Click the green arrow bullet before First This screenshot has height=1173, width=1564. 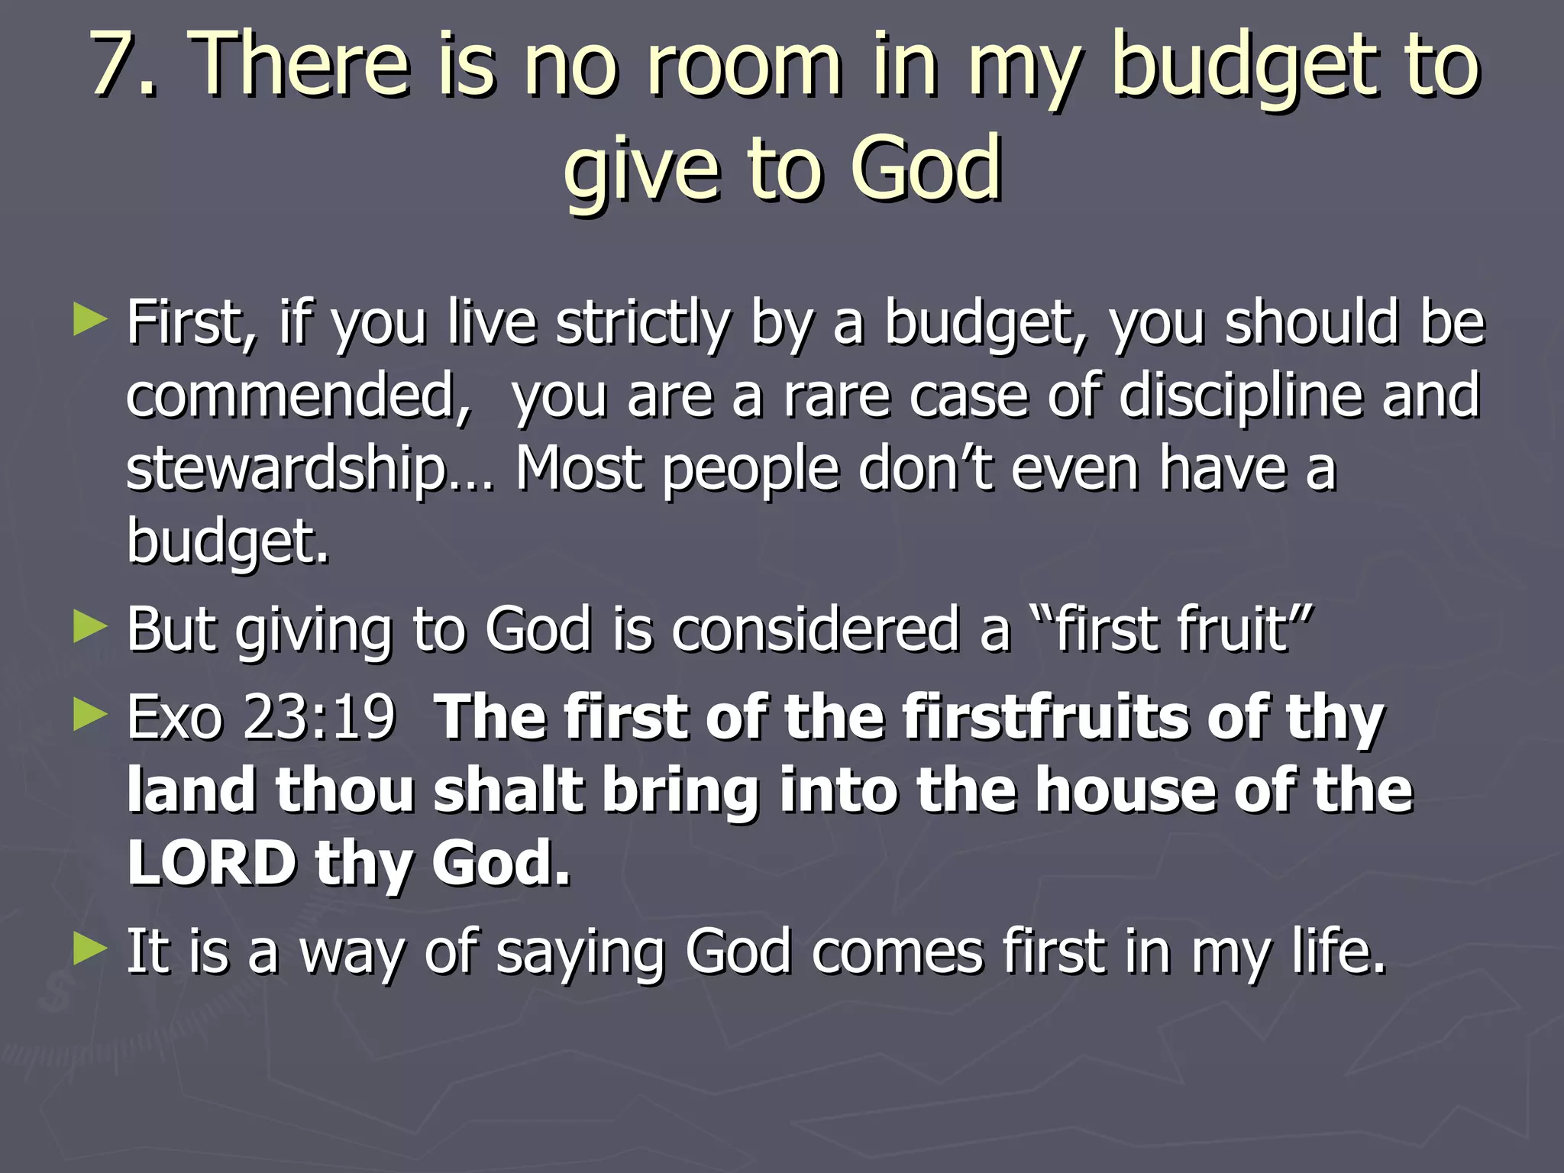pos(90,321)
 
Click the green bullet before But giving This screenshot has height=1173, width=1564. pos(90,628)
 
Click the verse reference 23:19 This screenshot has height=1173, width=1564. pos(319,718)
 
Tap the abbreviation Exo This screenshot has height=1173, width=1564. pos(173,718)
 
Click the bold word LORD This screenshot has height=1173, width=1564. pos(212,863)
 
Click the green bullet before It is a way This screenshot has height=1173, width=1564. pos(90,949)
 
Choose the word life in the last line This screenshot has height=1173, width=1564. pos(1338,952)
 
